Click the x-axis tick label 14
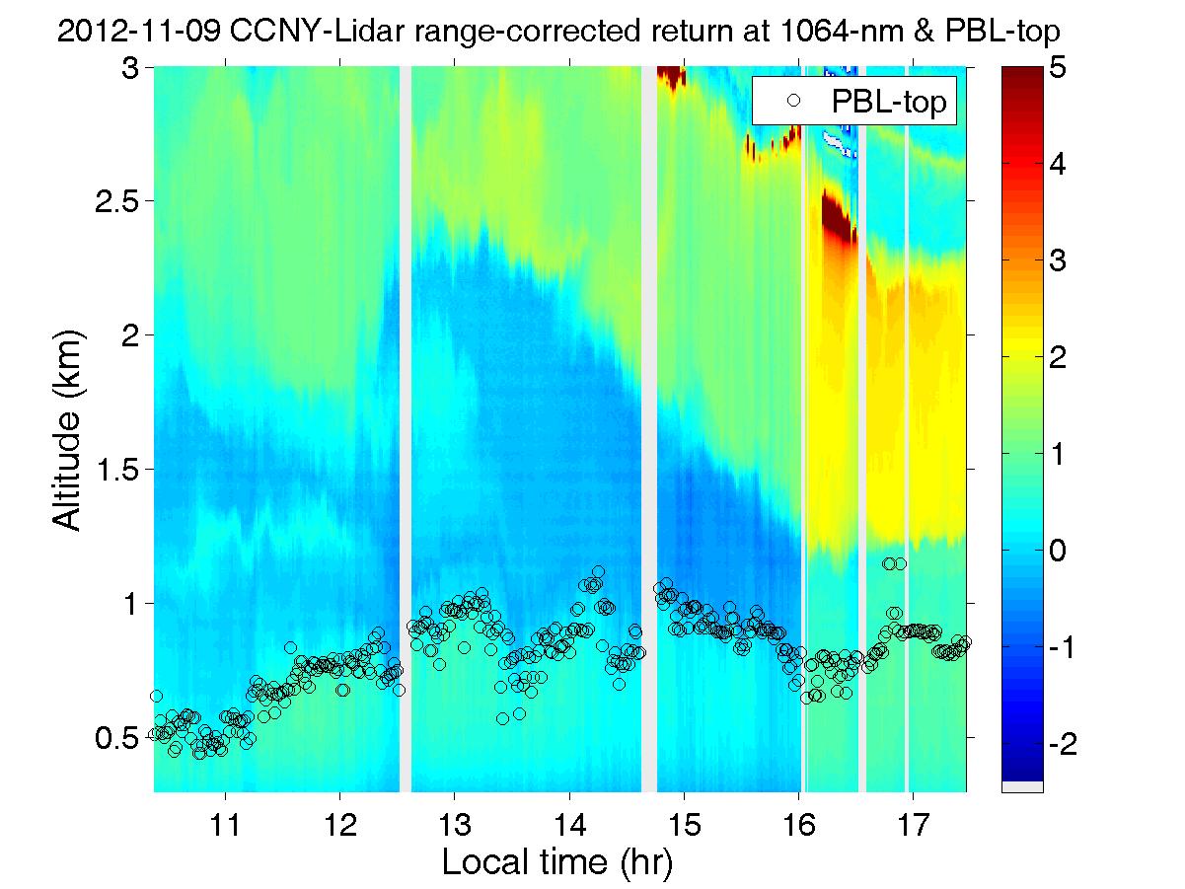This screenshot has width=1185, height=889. (x=568, y=822)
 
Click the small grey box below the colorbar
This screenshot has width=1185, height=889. (x=1022, y=785)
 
